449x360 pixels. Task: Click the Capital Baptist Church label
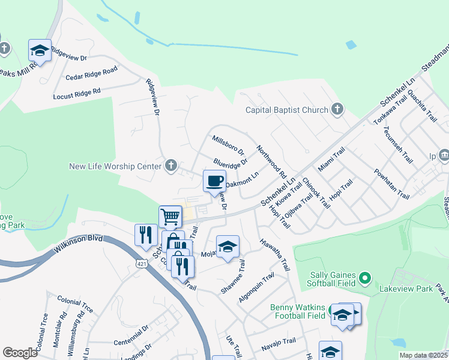click(x=287, y=110)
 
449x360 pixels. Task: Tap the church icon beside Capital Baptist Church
click(x=337, y=109)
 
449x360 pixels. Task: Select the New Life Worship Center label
click(x=116, y=166)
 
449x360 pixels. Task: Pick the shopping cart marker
click(x=170, y=217)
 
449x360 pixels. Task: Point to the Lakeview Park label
click(x=406, y=289)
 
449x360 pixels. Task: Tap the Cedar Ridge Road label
click(x=91, y=74)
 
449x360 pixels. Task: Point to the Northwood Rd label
click(x=271, y=161)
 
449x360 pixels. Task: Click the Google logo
click(x=20, y=353)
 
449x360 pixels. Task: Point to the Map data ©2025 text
click(x=423, y=355)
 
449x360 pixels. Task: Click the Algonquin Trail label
click(x=257, y=287)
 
